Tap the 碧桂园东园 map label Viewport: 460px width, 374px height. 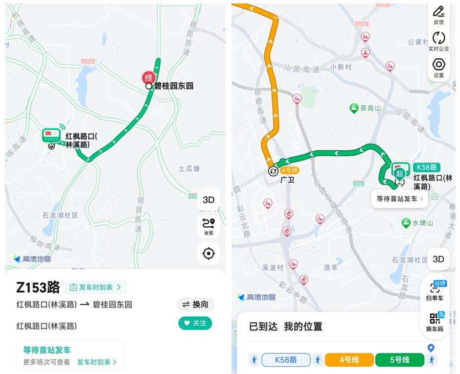tap(174, 86)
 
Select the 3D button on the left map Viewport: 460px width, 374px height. tap(208, 200)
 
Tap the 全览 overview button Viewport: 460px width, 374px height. tap(208, 227)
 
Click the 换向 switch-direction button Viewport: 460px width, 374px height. tap(195, 304)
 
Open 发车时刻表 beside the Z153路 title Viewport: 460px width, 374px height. tap(96, 287)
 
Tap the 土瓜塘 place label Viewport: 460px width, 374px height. tap(189, 169)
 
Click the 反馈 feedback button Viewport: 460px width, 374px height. tap(438, 15)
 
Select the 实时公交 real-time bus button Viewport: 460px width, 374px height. tap(438, 42)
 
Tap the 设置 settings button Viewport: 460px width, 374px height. tap(438, 68)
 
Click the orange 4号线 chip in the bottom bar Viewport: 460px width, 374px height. tap(348, 360)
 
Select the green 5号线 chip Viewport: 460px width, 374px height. tap(399, 360)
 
